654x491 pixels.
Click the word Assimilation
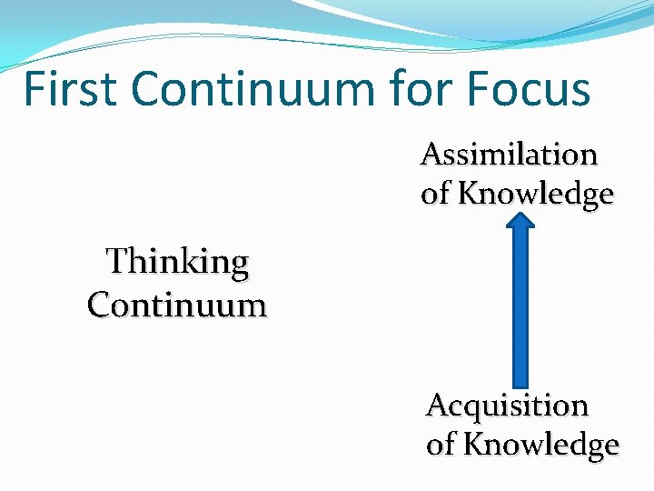509,155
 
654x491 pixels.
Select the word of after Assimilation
437,194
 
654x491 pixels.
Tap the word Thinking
177,262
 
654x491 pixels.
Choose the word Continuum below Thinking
177,304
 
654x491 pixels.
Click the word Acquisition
507,405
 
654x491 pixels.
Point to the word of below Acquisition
441,445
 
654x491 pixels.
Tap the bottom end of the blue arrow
520,382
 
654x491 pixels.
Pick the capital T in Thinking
115,262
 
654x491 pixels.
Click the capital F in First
34,89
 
